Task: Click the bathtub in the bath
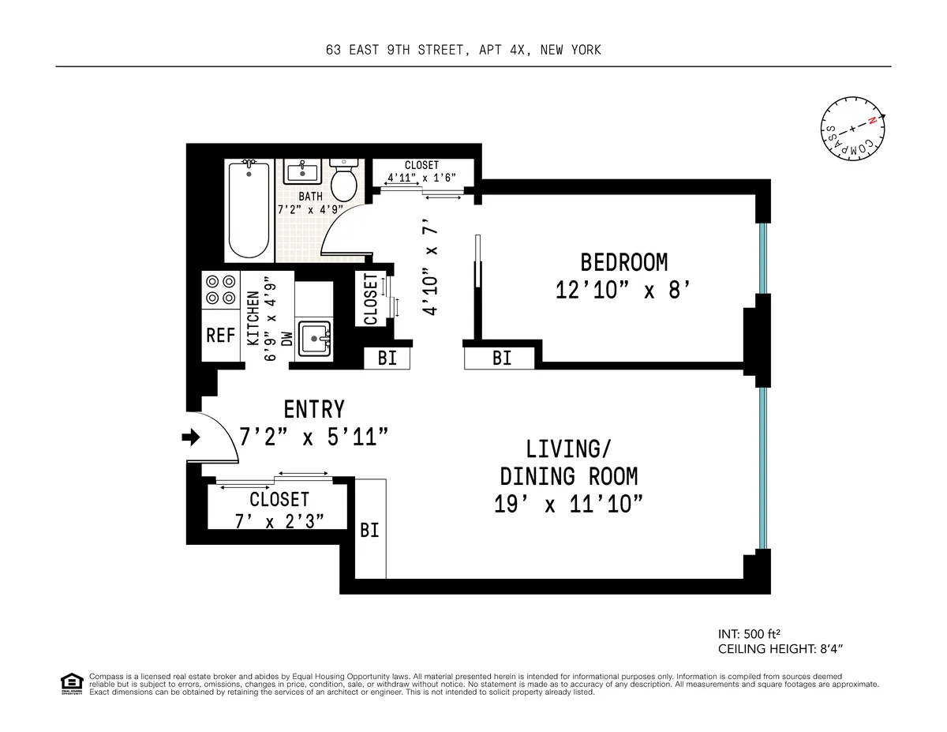[x=250, y=209]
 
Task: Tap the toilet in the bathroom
[x=343, y=181]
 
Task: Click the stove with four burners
[x=220, y=289]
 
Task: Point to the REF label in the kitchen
[x=221, y=336]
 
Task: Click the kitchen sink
[x=316, y=340]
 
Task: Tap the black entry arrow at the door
[x=191, y=436]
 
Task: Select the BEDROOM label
[x=623, y=262]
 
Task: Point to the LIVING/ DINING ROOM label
[x=568, y=463]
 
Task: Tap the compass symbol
[x=852, y=130]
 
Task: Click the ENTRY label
[x=314, y=410]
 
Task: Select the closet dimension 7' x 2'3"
[x=279, y=521]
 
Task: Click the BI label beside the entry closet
[x=369, y=531]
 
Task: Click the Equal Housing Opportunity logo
[x=71, y=683]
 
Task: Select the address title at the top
[x=463, y=51]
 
